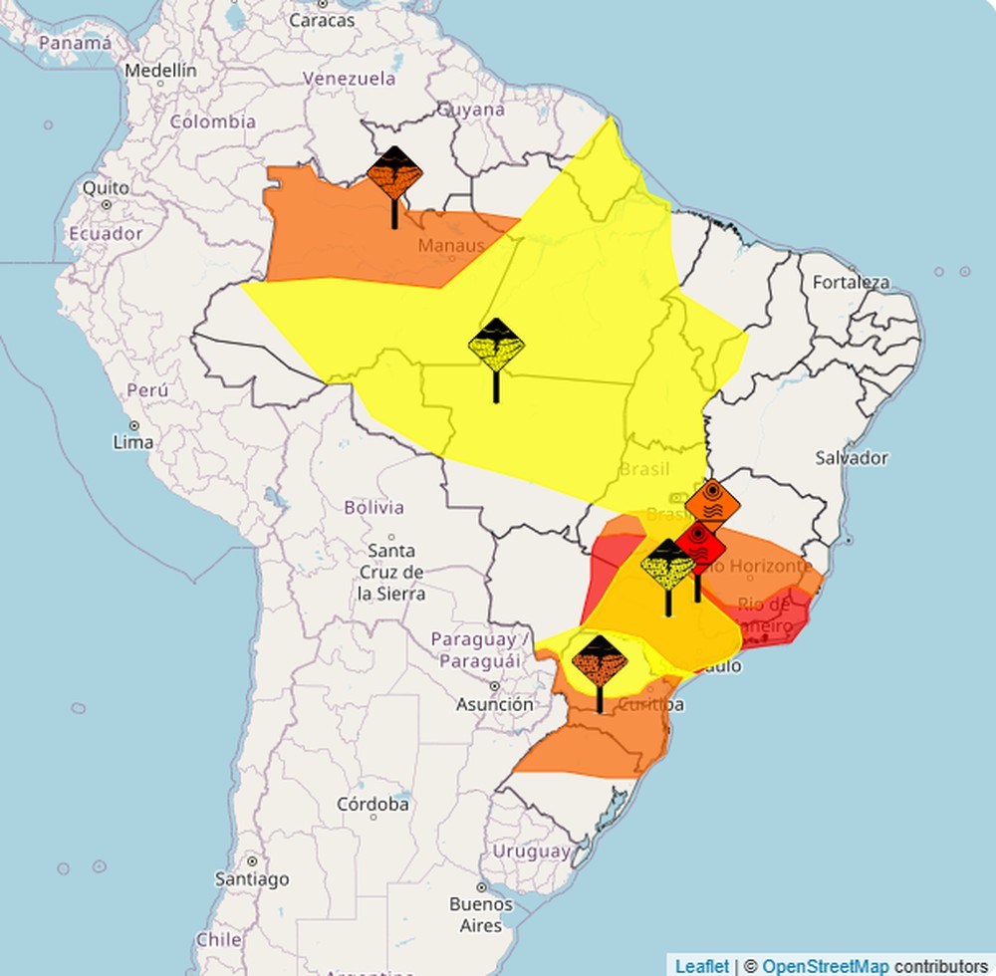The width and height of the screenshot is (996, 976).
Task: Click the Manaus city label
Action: tap(451, 245)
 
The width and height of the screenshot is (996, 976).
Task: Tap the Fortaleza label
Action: tap(851, 282)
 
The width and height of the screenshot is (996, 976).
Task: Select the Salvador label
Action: tap(851, 458)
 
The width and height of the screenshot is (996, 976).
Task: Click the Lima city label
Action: tap(133, 441)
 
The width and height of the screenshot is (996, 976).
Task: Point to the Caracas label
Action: tap(322, 19)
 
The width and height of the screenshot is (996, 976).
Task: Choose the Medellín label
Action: tap(160, 71)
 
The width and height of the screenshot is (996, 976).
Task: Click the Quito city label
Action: tap(106, 187)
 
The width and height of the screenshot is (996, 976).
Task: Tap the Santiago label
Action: tap(252, 878)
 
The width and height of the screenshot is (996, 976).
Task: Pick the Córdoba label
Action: tap(373, 804)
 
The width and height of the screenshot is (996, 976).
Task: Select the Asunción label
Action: tap(494, 704)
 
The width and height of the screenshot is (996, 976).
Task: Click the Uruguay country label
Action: tap(532, 852)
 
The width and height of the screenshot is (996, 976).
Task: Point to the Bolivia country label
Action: tap(373, 507)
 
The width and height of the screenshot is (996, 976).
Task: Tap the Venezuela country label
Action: tap(350, 78)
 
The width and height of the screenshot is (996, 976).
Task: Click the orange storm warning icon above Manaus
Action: tap(394, 173)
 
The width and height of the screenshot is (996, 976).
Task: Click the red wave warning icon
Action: tap(698, 544)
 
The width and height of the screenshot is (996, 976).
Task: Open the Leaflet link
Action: tap(701, 965)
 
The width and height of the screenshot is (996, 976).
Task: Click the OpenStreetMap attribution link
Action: tap(826, 965)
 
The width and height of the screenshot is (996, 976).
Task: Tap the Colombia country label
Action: tap(212, 122)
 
